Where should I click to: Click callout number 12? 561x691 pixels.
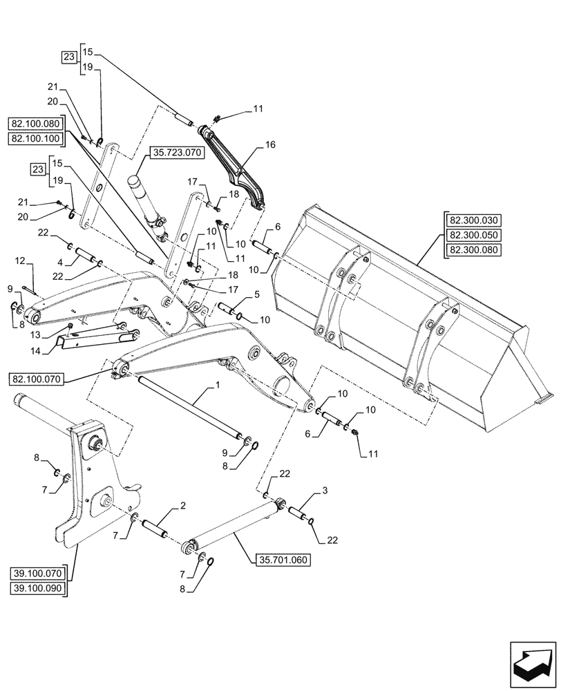(x=19, y=261)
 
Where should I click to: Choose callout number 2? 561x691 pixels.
(x=182, y=507)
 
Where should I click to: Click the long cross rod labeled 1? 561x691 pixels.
(x=187, y=408)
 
